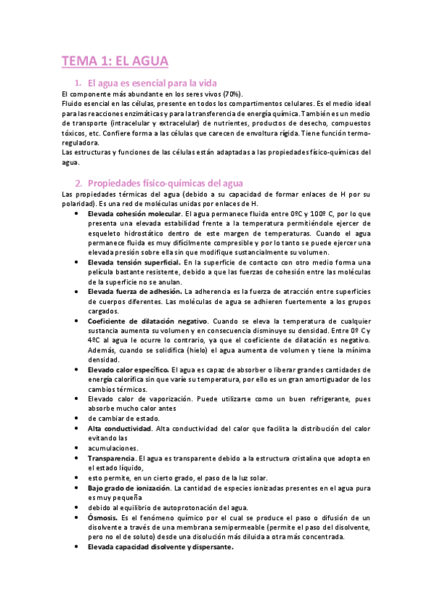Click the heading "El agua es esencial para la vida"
pyautogui.click(x=151, y=84)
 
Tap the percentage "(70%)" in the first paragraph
pyautogui.click(x=233, y=94)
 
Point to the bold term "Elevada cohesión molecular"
pyautogui.click(x=134, y=214)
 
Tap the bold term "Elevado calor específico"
pyautogui.click(x=129, y=369)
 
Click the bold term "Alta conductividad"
pyautogui.click(x=120, y=428)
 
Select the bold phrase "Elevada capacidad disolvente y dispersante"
pyautogui.click(x=160, y=547)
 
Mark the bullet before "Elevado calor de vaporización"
pyautogui.click(x=76, y=398)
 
